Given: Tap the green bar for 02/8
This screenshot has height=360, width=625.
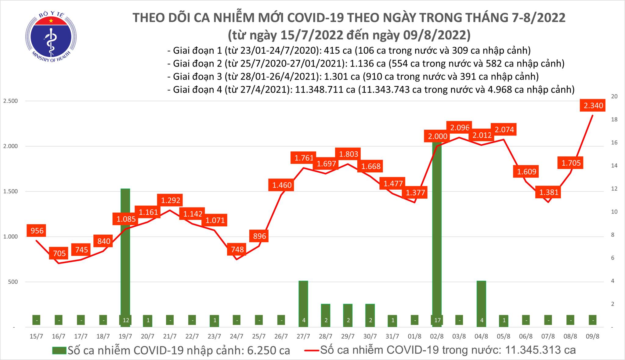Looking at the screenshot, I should click(x=437, y=232).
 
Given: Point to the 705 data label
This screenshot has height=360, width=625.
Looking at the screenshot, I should click(x=59, y=253).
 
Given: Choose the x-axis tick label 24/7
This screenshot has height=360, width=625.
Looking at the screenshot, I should click(x=237, y=337).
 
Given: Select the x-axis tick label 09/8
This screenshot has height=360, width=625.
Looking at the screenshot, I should click(x=593, y=337).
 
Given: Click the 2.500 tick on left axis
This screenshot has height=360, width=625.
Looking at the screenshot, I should click(x=10, y=101).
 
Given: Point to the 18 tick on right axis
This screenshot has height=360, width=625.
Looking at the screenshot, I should click(x=606, y=120).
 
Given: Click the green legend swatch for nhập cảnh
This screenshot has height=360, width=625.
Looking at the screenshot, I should click(x=59, y=351).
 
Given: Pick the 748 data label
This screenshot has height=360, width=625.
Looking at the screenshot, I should click(x=237, y=250).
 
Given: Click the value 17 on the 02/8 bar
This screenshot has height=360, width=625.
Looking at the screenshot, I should click(x=437, y=320).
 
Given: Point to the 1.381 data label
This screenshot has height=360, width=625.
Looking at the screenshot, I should click(x=548, y=192).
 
